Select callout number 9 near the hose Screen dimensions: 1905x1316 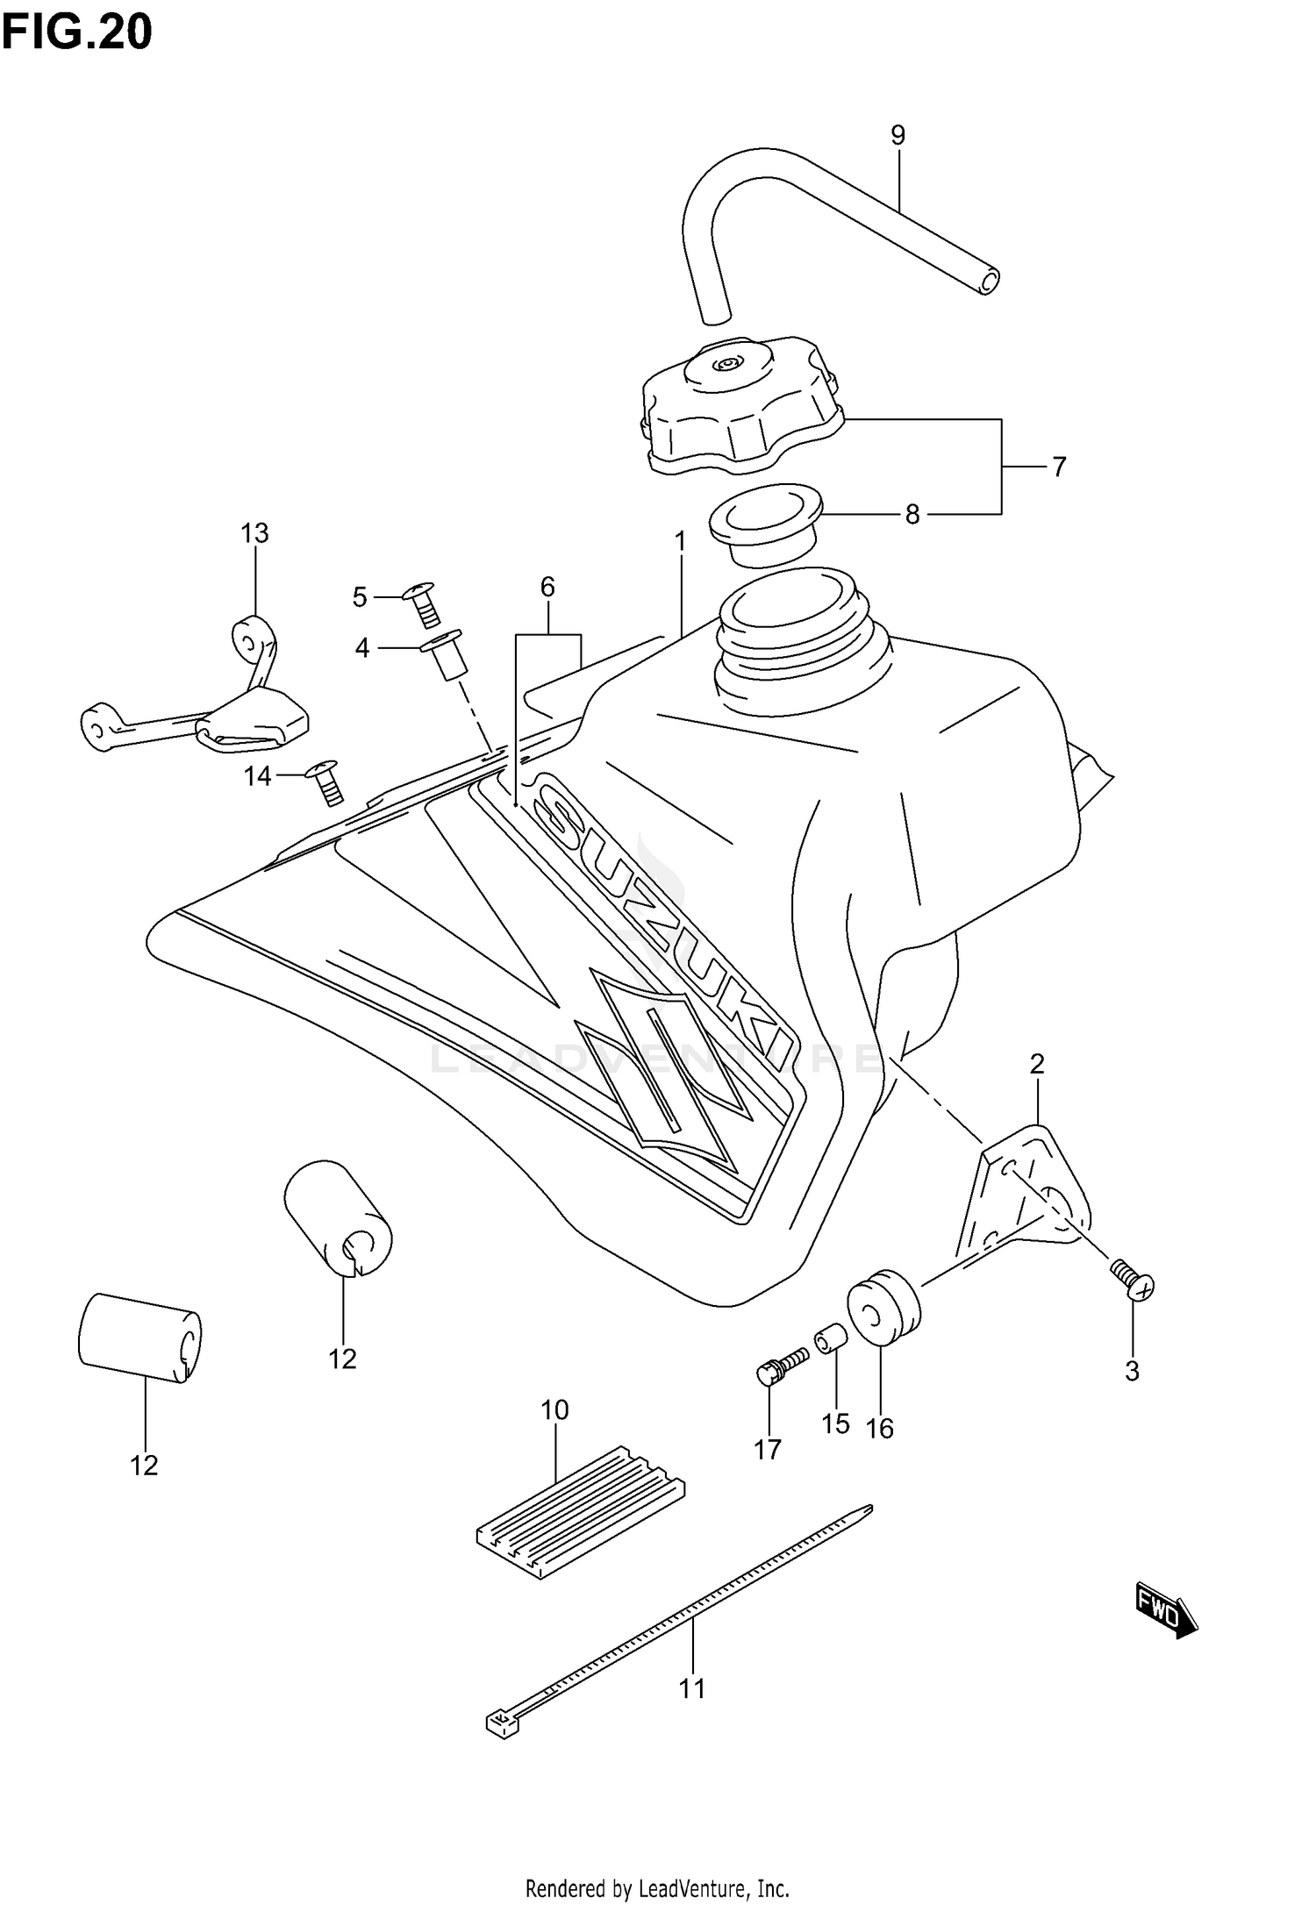click(898, 135)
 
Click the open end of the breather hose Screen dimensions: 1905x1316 click(989, 282)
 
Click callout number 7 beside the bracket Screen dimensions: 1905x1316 click(1059, 467)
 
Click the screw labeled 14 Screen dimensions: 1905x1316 click(326, 781)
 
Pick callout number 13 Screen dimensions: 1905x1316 click(255, 532)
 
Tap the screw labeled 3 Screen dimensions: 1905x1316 click(1134, 1286)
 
